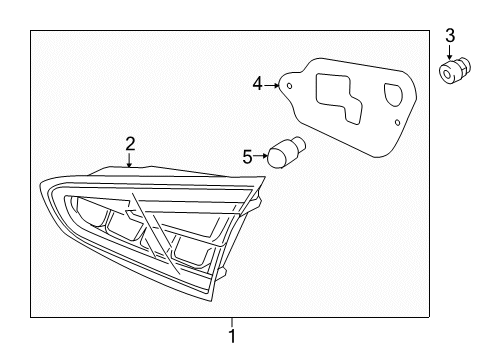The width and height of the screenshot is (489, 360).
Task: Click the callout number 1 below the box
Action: [232, 335]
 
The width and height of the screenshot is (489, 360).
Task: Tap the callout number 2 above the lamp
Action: [130, 144]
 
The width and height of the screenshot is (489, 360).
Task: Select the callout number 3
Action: [450, 37]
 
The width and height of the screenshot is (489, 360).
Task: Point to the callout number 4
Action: [257, 86]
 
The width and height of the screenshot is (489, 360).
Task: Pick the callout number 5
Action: [248, 156]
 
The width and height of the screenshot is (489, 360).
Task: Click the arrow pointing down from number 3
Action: [450, 53]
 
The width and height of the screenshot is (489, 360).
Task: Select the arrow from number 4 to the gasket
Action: [272, 86]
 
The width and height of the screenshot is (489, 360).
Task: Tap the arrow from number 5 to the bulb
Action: [261, 156]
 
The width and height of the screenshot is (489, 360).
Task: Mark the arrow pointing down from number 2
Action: [130, 161]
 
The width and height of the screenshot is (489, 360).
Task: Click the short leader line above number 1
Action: [232, 322]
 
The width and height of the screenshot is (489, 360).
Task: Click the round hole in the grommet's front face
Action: [446, 75]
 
